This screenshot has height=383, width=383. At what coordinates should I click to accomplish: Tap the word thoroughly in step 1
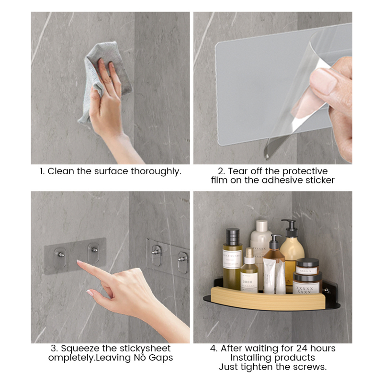click(156, 171)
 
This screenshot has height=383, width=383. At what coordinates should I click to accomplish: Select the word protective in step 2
click(305, 171)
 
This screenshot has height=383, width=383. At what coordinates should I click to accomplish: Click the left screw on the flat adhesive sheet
click(61, 255)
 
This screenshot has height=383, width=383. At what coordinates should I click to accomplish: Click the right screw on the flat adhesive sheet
click(94, 249)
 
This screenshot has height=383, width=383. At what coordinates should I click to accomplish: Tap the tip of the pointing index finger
click(78, 262)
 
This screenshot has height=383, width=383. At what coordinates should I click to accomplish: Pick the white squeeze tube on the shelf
click(270, 276)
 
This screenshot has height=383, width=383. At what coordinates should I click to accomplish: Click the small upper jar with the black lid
click(307, 266)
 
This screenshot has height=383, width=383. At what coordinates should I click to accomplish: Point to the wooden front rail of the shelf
click(268, 298)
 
